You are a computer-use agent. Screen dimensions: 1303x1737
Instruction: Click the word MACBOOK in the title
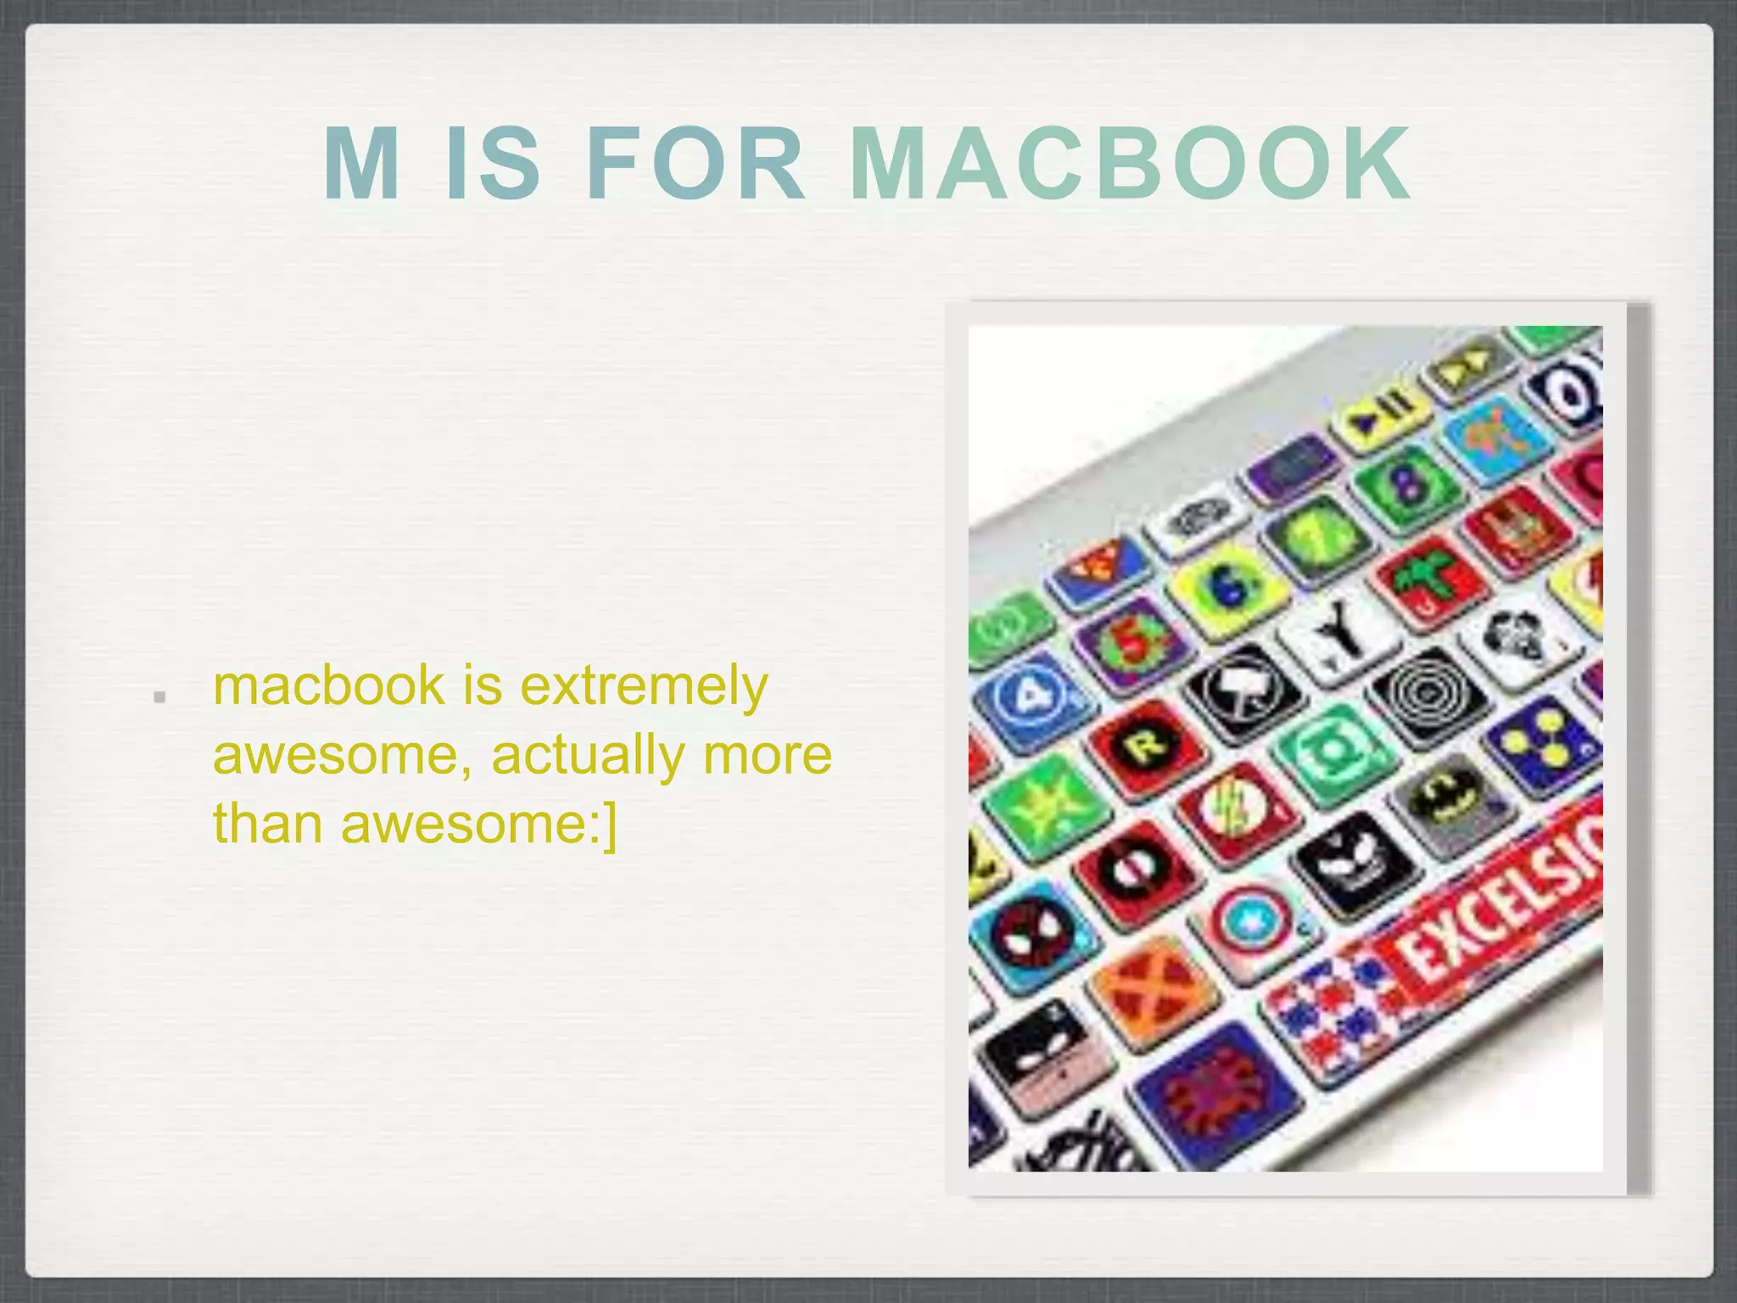point(1130,163)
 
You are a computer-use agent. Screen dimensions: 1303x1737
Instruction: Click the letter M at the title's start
point(361,163)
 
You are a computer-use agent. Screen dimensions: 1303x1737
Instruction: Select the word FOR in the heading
point(695,163)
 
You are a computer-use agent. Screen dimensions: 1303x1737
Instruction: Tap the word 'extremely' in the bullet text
point(644,685)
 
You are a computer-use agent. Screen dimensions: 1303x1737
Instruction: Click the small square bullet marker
point(159,697)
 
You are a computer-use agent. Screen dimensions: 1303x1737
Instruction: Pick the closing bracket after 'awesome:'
point(610,824)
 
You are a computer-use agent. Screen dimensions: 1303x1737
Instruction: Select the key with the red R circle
point(1146,746)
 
